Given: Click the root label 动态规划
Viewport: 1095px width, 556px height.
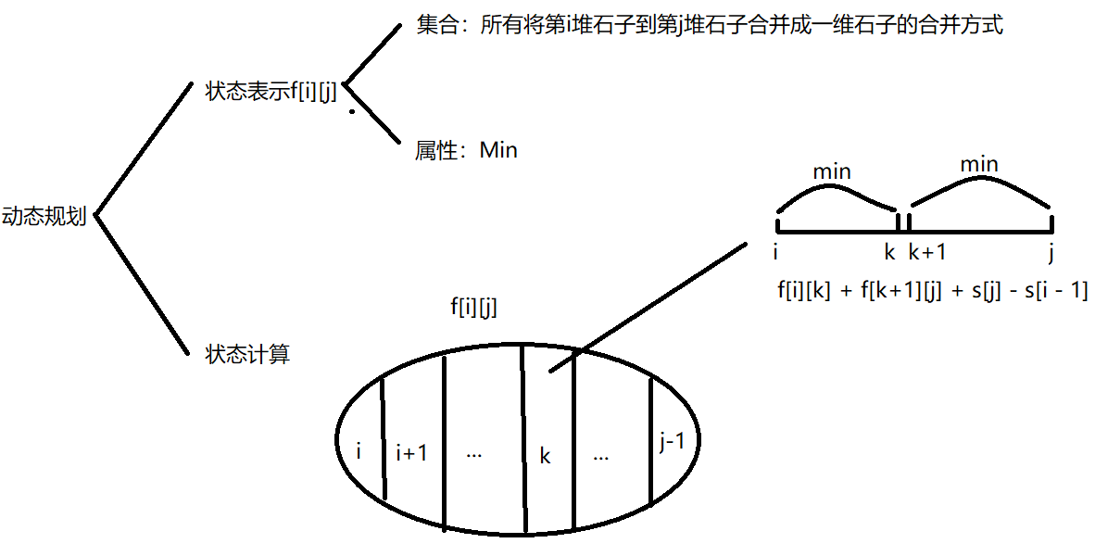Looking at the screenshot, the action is pos(44,217).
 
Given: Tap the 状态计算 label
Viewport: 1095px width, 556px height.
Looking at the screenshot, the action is pos(247,354).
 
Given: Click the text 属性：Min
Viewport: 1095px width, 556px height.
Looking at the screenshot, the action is pos(466,150).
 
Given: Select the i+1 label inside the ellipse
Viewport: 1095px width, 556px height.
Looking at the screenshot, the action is pos(411,453).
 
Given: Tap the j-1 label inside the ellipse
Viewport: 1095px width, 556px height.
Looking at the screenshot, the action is pos(673,443).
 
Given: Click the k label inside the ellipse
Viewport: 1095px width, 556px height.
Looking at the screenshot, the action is pos(546,456).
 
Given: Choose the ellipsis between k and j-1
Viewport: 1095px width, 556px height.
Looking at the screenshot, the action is pos(601,456).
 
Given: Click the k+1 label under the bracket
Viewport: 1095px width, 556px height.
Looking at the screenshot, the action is pos(926,251).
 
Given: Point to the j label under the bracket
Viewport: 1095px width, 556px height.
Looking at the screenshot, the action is pos(1051,252).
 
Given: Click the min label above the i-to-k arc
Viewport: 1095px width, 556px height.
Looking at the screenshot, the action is pos(831,171).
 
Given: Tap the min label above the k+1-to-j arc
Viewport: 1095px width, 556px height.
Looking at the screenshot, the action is pos(979,165).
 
